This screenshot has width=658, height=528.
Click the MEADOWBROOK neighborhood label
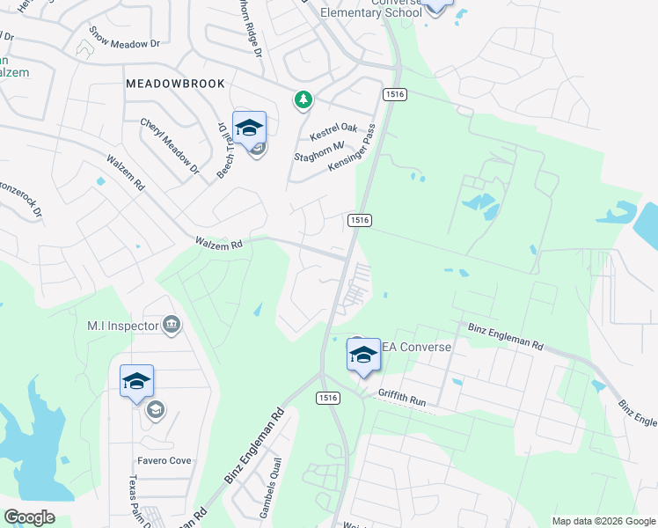click(175, 83)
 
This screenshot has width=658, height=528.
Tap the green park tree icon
click(303, 100)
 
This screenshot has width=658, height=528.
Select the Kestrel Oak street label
click(333, 133)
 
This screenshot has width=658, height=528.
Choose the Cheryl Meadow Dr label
click(170, 144)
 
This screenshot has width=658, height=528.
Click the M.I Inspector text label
click(122, 326)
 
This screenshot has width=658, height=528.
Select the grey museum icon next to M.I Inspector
click(172, 326)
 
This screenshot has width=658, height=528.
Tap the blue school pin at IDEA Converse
click(362, 354)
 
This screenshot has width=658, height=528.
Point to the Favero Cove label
click(164, 460)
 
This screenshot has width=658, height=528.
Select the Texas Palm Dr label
click(134, 500)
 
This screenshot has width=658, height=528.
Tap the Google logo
click(29, 517)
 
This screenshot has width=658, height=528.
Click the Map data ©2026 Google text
click(603, 521)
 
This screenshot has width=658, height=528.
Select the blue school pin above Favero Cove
click(136, 381)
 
